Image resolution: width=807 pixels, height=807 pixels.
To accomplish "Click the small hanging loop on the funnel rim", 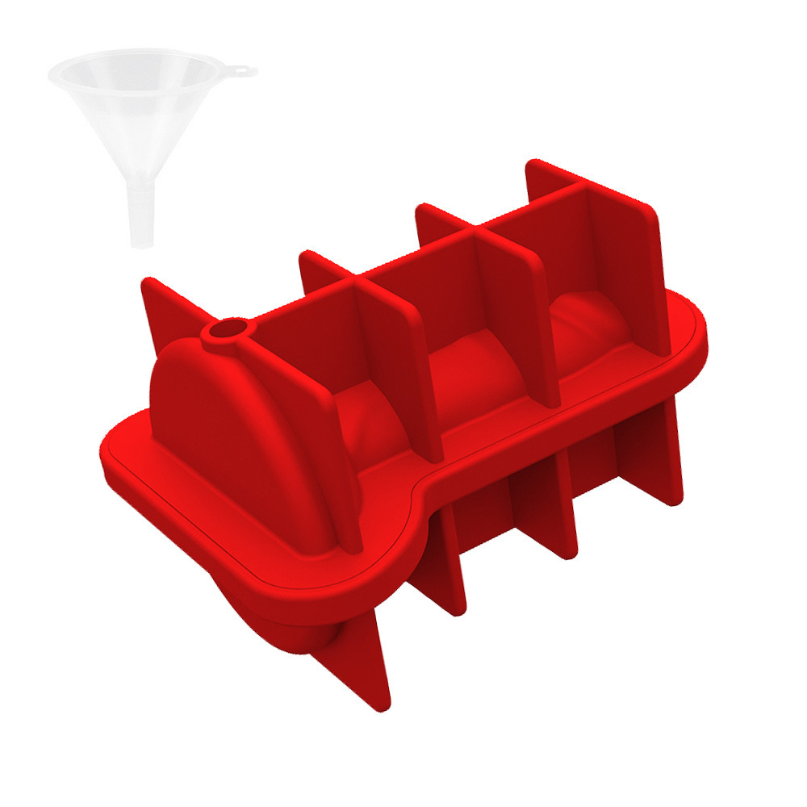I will tap(242, 72).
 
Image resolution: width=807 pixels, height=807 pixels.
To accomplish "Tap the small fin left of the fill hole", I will tap(165, 307).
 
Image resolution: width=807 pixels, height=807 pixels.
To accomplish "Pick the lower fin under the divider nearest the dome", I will tap(444, 565).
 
